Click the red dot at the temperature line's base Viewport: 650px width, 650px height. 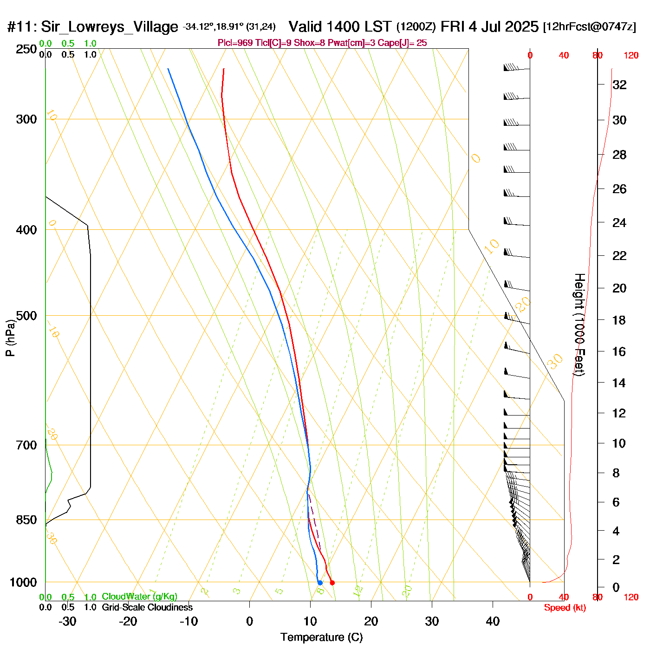(332, 583)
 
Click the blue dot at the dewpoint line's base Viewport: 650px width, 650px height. (320, 583)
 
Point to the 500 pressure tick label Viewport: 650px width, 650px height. (26, 316)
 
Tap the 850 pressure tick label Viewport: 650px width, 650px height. (26, 520)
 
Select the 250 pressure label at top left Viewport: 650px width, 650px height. (26, 49)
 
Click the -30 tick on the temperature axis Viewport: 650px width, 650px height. (67, 621)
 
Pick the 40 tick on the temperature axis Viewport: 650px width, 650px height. (493, 621)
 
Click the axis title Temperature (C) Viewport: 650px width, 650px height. (321, 637)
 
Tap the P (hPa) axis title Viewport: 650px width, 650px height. (10, 338)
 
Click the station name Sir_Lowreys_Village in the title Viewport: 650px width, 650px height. (109, 27)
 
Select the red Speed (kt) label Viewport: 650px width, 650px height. (565, 608)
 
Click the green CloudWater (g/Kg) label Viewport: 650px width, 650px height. (139, 597)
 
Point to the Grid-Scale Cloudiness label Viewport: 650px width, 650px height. (147, 607)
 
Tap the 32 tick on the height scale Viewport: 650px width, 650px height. (619, 84)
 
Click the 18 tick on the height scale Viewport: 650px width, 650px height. (619, 320)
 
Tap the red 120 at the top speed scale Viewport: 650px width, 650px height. (631, 55)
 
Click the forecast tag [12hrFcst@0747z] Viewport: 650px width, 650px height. (590, 27)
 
